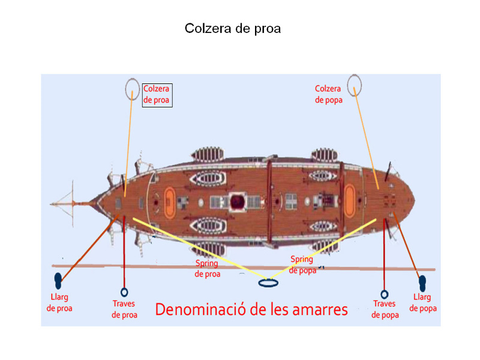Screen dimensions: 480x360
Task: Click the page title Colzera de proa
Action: click(x=233, y=28)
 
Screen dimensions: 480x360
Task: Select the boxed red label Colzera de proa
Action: click(x=157, y=95)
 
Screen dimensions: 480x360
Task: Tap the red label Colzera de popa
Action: click(x=328, y=94)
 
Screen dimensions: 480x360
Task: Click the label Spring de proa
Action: click(x=207, y=268)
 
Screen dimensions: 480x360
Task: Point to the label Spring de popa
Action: click(x=302, y=265)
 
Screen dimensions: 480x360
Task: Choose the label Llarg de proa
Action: click(x=59, y=302)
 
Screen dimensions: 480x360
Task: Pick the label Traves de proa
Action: click(x=124, y=309)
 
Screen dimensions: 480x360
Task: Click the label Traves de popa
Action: click(x=385, y=309)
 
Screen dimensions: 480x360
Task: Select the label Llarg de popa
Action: click(x=423, y=302)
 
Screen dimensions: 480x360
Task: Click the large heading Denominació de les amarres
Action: click(x=251, y=310)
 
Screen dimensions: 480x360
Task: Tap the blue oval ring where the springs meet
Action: click(x=268, y=283)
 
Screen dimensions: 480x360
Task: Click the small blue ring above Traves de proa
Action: click(x=124, y=292)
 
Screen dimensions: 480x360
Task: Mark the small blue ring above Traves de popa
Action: click(x=385, y=295)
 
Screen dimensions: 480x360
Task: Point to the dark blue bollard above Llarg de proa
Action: click(x=58, y=281)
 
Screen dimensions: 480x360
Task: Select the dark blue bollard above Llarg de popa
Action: click(x=422, y=283)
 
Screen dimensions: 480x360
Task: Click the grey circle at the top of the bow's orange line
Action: click(x=132, y=89)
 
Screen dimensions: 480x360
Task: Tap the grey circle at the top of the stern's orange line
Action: click(x=355, y=85)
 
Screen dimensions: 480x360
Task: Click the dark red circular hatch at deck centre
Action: click(x=237, y=202)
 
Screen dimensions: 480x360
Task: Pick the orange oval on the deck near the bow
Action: click(x=170, y=202)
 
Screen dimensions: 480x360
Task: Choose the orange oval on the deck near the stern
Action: click(x=350, y=200)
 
